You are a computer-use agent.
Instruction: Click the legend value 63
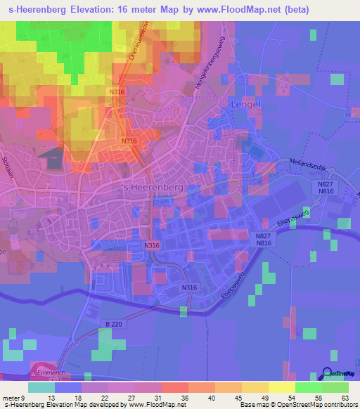(x=345, y=398)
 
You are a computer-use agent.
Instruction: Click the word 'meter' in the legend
(x=11, y=398)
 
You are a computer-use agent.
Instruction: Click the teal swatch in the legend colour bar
(x=41, y=387)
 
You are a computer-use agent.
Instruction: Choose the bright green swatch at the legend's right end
(x=335, y=387)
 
